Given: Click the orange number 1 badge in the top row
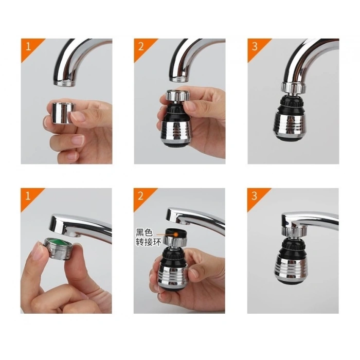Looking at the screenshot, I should (x=27, y=46).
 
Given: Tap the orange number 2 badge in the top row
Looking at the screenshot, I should (x=140, y=46).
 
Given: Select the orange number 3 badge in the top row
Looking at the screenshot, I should (x=254, y=46).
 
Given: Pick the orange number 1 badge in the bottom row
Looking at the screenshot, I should (x=27, y=196).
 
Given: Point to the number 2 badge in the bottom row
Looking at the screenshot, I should (x=140, y=196).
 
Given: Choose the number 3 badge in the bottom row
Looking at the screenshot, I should (x=254, y=196).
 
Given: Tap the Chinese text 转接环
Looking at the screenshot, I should (x=146, y=241).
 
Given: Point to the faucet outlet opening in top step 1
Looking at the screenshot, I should (x=66, y=82).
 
